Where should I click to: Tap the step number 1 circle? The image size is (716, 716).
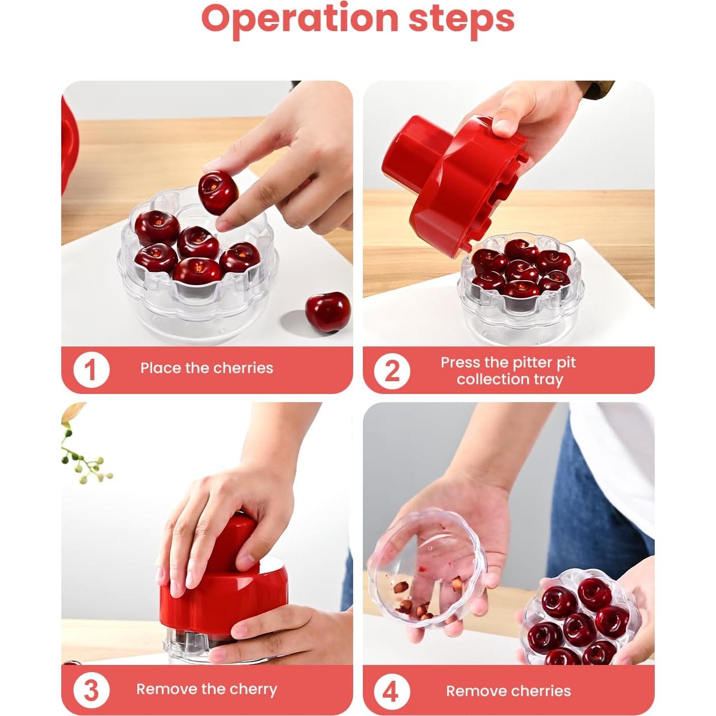[x=91, y=369]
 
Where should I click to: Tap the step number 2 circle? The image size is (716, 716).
[x=391, y=371]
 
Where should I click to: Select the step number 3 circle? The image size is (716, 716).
[x=91, y=690]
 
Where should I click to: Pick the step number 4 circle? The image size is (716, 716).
[x=390, y=692]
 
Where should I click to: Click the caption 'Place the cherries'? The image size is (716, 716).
[x=207, y=368]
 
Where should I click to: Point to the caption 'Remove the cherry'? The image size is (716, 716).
[x=207, y=689]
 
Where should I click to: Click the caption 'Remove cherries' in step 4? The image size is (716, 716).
[x=508, y=691]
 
